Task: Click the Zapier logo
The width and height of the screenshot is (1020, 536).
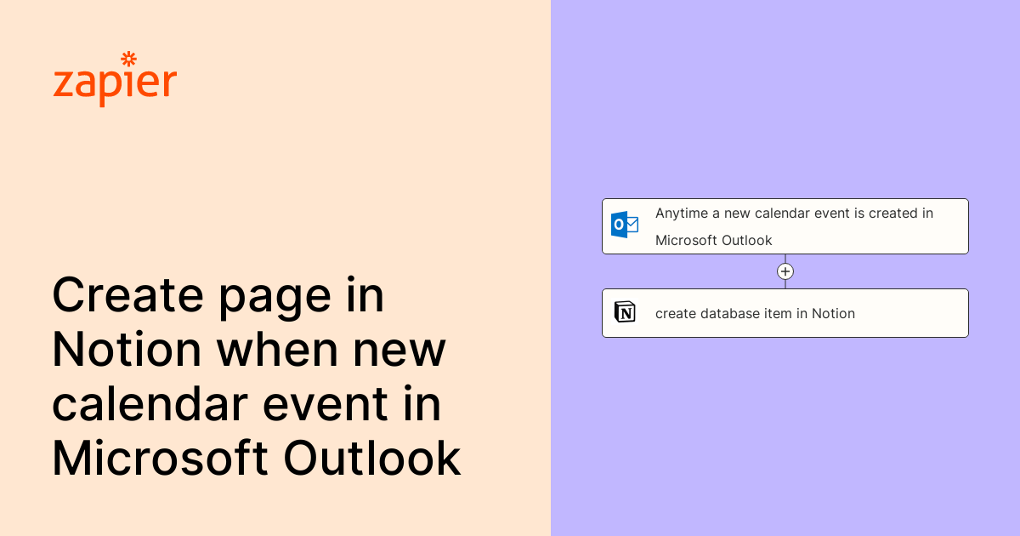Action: tap(115, 82)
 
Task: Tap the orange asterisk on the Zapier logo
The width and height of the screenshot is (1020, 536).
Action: tap(129, 59)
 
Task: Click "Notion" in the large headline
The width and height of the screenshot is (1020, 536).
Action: tap(127, 350)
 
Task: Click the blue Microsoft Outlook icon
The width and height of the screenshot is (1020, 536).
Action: tap(625, 225)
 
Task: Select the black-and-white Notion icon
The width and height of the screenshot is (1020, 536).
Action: tap(625, 312)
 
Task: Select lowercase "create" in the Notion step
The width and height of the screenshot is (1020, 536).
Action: tap(676, 313)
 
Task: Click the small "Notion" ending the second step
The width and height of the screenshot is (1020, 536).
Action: tap(833, 313)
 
